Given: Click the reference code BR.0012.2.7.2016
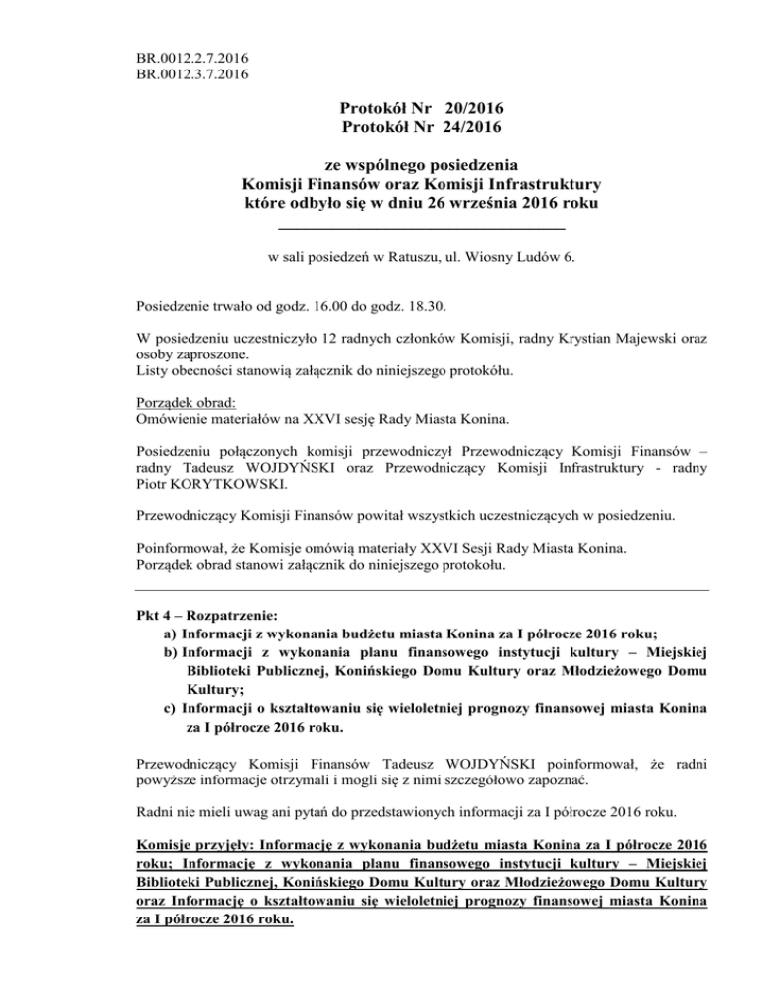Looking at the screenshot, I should (x=193, y=56).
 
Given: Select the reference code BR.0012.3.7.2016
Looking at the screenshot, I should (x=193, y=72).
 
